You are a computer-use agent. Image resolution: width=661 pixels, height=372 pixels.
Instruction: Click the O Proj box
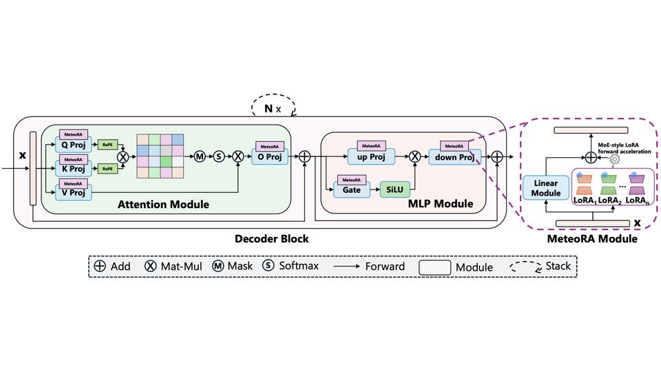click(x=271, y=157)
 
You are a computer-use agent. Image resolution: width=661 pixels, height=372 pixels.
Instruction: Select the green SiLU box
click(x=397, y=189)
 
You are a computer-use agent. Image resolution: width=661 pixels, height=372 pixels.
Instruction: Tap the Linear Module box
click(x=545, y=188)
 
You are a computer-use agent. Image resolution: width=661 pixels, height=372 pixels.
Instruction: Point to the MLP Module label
click(x=441, y=204)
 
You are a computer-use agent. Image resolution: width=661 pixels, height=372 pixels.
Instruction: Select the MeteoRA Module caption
click(x=592, y=239)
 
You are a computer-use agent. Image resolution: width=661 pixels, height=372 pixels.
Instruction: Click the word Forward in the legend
click(x=385, y=267)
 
